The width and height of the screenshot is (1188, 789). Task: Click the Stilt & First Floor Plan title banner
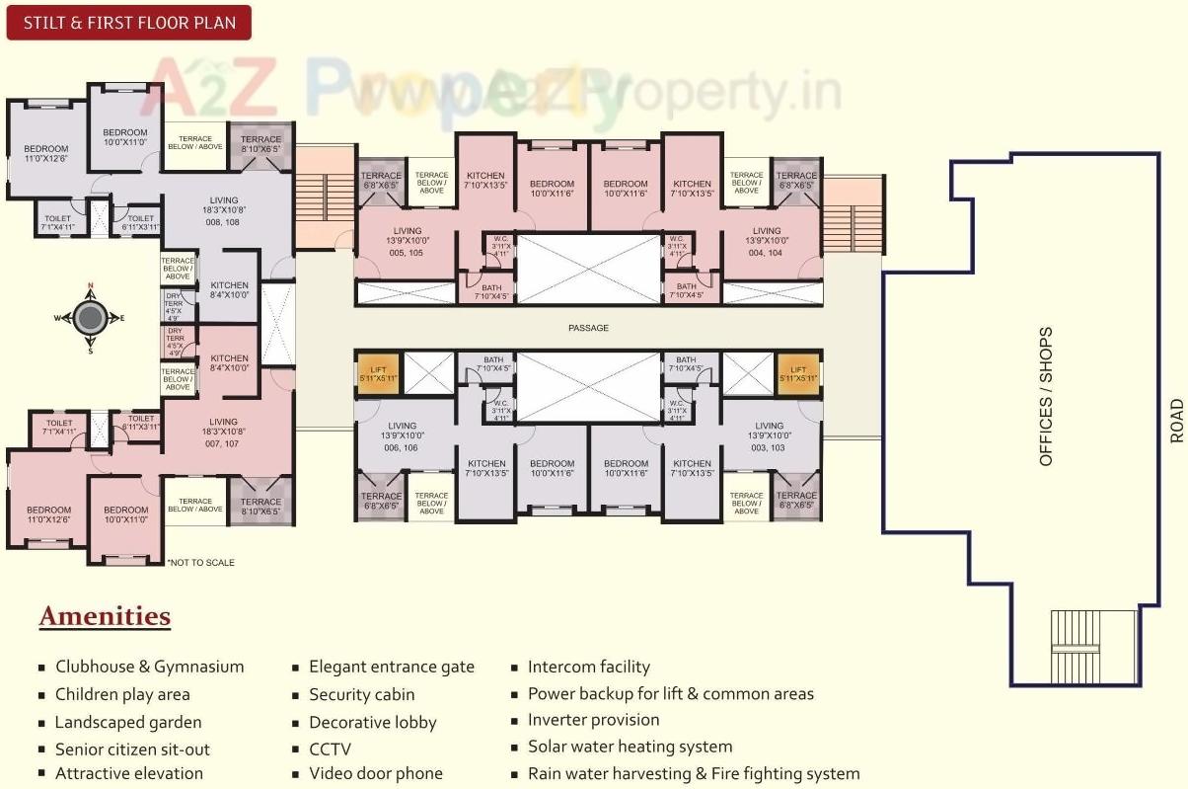[128, 22]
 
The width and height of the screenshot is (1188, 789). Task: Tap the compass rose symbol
[90, 318]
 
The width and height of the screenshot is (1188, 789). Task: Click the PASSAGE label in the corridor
[588, 328]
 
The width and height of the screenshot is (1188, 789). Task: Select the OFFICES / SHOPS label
[1046, 396]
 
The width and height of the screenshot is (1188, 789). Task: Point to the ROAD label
[1175, 420]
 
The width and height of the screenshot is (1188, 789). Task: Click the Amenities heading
[105, 617]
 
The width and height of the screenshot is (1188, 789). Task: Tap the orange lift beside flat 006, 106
[377, 372]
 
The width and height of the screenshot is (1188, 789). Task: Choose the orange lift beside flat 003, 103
[798, 372]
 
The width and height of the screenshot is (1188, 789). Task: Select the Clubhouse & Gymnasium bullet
[149, 667]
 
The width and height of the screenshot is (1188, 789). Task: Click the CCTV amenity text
[330, 750]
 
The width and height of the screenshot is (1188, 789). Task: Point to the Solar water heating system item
[630, 747]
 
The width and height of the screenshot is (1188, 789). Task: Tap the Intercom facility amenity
[588, 667]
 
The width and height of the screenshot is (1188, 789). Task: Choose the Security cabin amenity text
[361, 695]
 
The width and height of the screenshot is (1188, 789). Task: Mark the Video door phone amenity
[375, 773]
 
